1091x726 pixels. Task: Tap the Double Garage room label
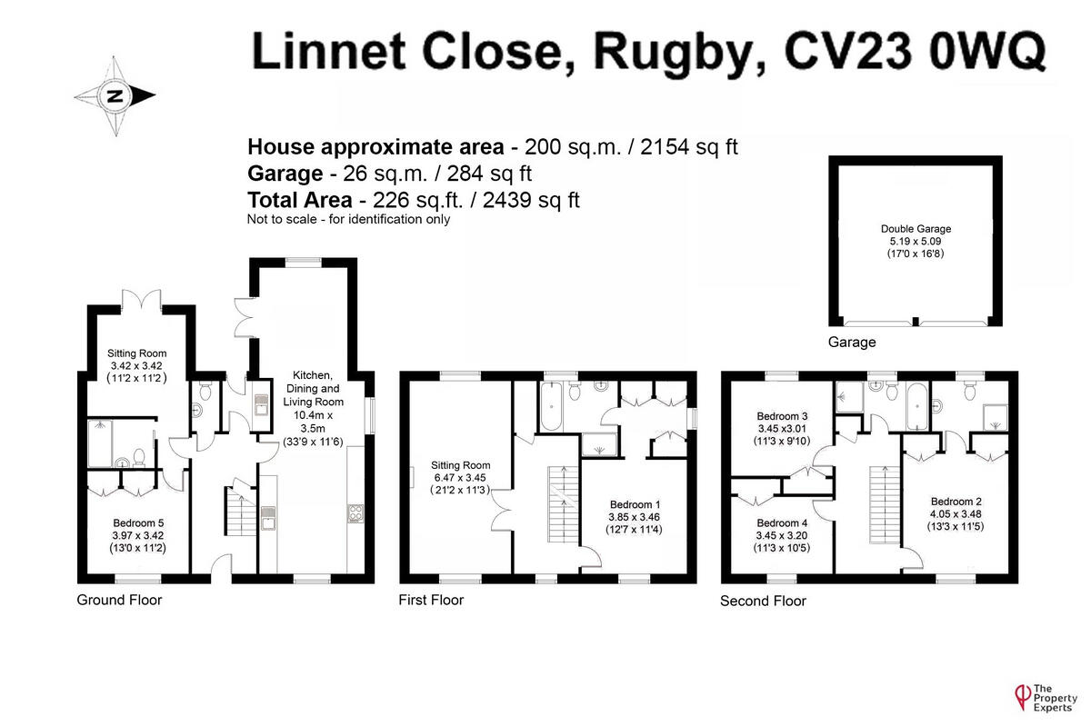[x=916, y=229]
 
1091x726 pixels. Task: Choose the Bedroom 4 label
[x=781, y=522]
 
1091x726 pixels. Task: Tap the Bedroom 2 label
[x=956, y=502]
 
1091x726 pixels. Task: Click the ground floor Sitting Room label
[x=137, y=353]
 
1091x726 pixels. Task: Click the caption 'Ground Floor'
[x=119, y=600]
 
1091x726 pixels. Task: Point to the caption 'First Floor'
[x=431, y=600]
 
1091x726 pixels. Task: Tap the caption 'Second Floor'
[x=763, y=601]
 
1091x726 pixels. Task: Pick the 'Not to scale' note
[x=348, y=219]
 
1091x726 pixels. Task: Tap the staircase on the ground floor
[x=238, y=512]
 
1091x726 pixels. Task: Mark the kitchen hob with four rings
[x=355, y=513]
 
